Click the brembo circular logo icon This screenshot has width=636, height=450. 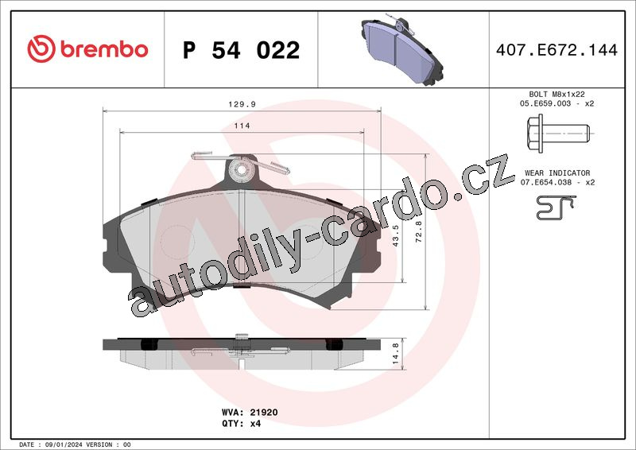pyautogui.click(x=41, y=48)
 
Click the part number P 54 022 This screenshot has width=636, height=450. pyautogui.click(x=242, y=50)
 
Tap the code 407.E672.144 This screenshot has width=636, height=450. pyautogui.click(x=556, y=50)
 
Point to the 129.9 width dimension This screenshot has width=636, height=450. pyautogui.click(x=242, y=104)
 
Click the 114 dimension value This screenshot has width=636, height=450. pyautogui.click(x=242, y=126)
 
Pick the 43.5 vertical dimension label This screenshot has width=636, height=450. pyautogui.click(x=396, y=236)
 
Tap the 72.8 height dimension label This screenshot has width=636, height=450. pyautogui.click(x=419, y=231)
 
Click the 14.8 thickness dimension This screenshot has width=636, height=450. pyautogui.click(x=396, y=354)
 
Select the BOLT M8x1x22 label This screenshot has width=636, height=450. pyautogui.click(x=556, y=94)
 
